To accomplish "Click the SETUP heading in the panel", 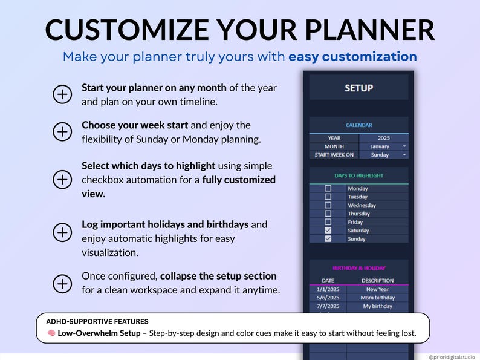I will pos(358,88).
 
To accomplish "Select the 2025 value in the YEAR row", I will pos(383,138).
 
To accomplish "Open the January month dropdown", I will pos(383,146).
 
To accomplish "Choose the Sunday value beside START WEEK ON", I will pos(383,155).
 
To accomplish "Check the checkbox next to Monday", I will pos(328,189).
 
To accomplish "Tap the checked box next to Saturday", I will pos(328,231).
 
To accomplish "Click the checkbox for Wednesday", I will pos(328,205).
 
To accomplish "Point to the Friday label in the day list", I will pos(355,222).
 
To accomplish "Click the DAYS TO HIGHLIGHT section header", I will pos(358,175).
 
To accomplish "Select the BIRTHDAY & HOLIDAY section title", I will pos(358,268).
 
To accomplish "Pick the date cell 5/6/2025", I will pos(328,298).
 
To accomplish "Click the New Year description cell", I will pos(377,289).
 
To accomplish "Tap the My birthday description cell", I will pos(377,306).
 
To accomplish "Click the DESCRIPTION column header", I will pos(377,281).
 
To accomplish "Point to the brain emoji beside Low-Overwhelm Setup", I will pos(51,333).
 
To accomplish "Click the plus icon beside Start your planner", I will pos(62,94).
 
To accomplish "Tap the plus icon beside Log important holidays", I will pos(62,232).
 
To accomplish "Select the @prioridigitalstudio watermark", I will pos(452,357).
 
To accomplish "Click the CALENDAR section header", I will pos(358,125).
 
